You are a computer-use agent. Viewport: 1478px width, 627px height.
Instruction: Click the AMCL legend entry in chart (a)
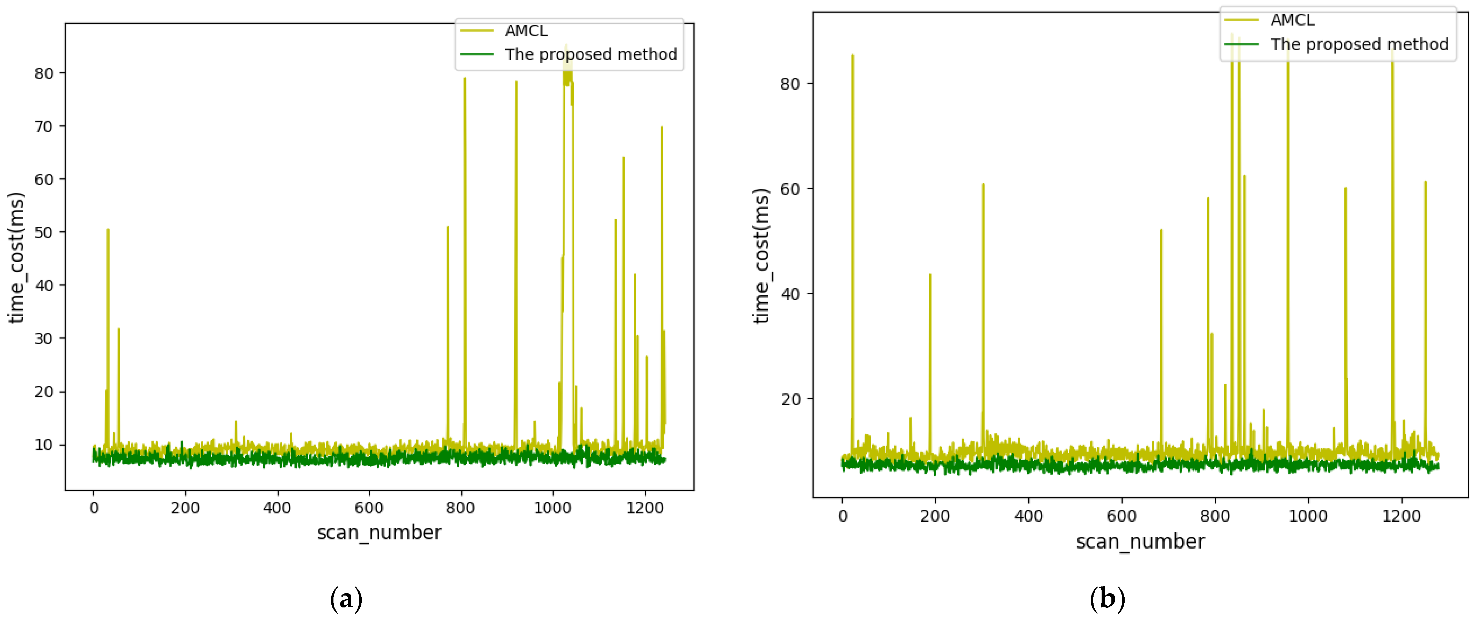click(525, 31)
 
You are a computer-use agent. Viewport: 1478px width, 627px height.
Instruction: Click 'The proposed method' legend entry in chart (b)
click(1359, 44)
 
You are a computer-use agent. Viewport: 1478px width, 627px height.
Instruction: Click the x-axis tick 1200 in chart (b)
click(1401, 516)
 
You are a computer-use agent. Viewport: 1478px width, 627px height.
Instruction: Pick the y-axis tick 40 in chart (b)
click(790, 294)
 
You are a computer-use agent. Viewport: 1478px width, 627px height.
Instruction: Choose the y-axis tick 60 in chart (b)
click(790, 189)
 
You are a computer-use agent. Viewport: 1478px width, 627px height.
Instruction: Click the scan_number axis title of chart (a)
click(379, 533)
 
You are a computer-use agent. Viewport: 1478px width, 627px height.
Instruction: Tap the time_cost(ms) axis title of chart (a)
click(16, 258)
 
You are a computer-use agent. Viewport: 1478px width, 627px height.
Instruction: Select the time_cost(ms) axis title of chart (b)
click(761, 256)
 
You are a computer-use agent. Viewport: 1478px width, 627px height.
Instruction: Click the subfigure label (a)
click(347, 599)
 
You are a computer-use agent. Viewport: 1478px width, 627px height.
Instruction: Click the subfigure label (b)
click(1107, 599)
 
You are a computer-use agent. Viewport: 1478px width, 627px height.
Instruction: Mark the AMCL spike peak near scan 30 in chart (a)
click(108, 230)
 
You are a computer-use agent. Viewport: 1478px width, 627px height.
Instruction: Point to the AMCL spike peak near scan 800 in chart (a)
click(465, 78)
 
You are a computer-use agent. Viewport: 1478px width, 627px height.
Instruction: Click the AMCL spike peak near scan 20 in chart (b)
click(853, 55)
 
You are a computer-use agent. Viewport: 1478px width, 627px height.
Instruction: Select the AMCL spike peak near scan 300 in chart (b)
click(983, 184)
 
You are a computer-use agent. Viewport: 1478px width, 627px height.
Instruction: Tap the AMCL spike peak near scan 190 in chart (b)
click(930, 274)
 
